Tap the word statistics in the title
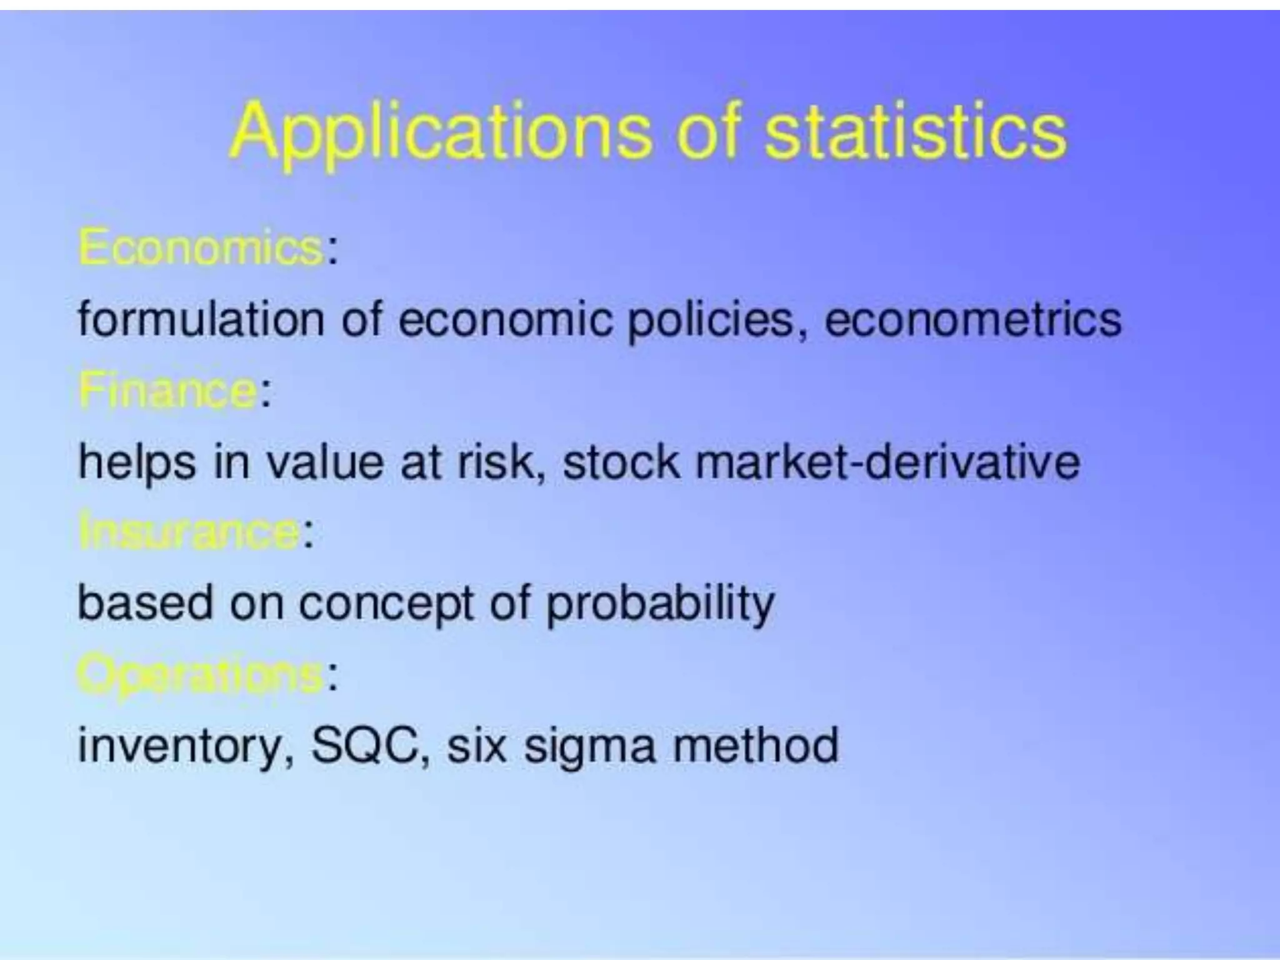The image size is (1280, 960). tap(916, 132)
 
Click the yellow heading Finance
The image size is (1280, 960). tap(167, 391)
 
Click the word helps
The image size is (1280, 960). tap(137, 462)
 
